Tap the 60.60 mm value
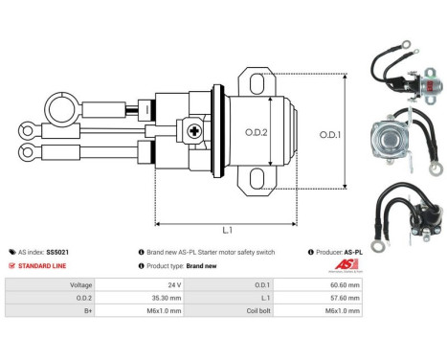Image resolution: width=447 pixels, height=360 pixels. click(344, 284)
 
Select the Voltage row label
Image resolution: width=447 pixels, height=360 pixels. click(80, 284)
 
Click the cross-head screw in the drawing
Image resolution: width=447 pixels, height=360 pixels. click(196, 131)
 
